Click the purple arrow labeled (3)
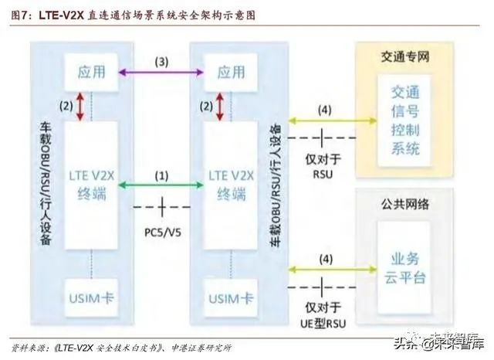tap(161, 73)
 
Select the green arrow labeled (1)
tap(161, 185)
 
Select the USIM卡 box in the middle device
tap(231, 297)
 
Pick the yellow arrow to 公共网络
tap(324, 268)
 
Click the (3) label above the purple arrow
tap(161, 60)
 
